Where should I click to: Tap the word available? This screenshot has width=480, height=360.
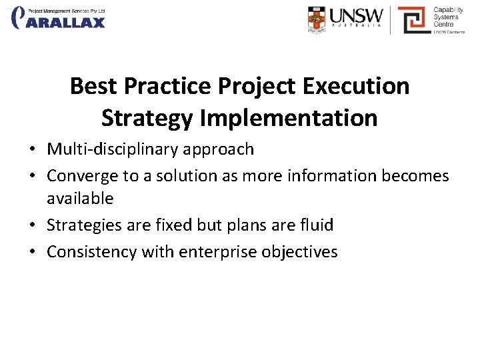pyautogui.click(x=80, y=199)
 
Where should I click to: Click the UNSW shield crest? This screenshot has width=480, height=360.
pyautogui.click(x=317, y=19)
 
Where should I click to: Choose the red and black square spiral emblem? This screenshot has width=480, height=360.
pyautogui.click(x=413, y=19)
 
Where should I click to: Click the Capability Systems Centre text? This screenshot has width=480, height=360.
pyautogui.click(x=447, y=18)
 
